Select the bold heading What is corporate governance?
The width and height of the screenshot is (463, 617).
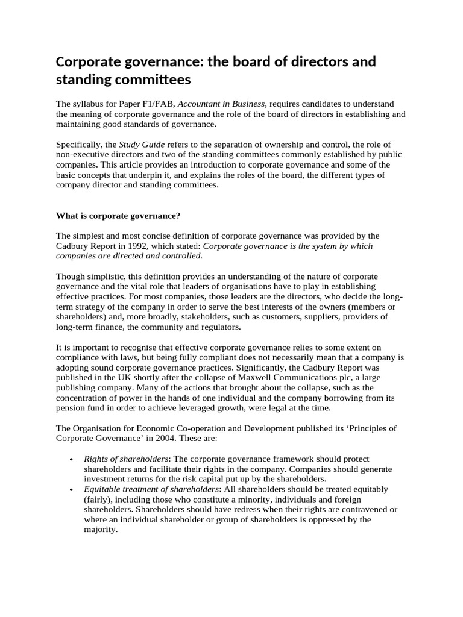point(118,215)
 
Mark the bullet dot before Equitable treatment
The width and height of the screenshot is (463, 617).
point(72,490)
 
